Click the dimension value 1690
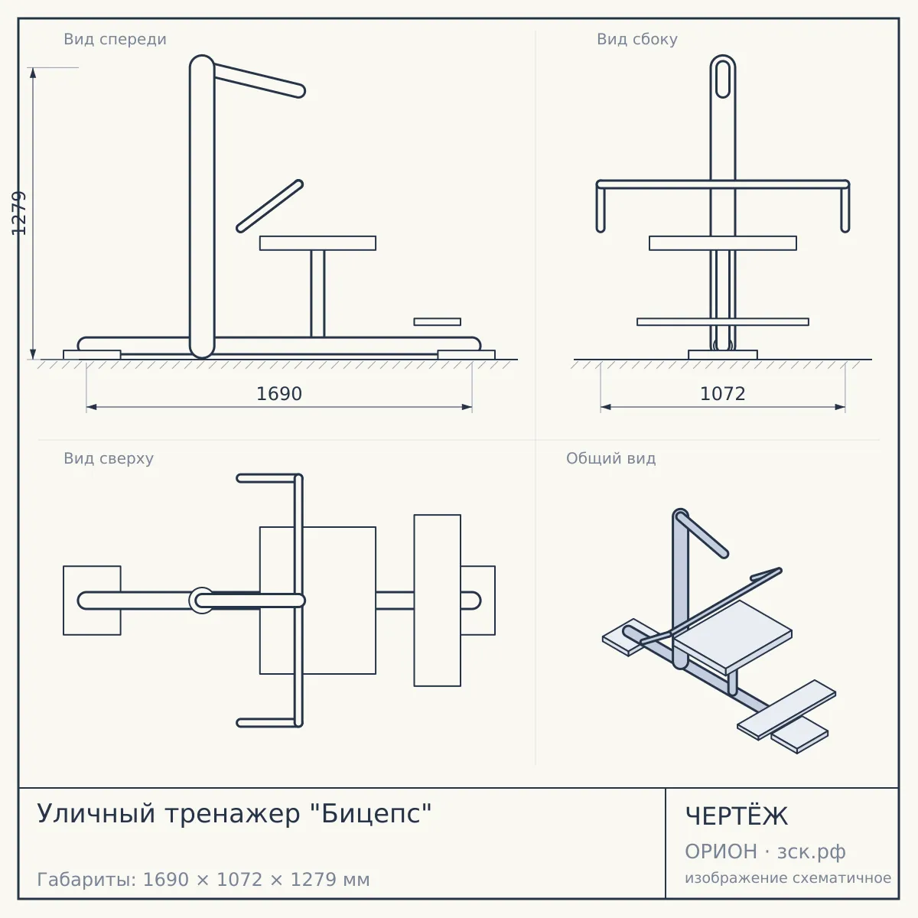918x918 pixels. coord(279,394)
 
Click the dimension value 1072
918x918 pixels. coord(723,394)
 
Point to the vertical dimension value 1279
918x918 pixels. coord(19,213)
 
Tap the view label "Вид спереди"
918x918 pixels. coord(116,39)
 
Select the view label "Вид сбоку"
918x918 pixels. coord(637,39)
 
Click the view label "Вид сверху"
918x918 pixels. coord(109,458)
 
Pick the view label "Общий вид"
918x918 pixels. coord(610,458)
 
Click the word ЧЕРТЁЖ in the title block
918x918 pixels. coord(737,816)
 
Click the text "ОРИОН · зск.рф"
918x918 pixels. coord(765,851)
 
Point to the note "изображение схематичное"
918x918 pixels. coord(788,878)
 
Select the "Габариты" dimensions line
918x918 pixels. coord(203,880)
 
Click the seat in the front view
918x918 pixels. coord(317,243)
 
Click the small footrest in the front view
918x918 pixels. coord(438,321)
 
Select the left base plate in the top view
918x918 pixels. coord(92,601)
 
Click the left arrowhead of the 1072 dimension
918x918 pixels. coord(605,407)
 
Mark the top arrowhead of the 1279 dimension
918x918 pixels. coord(33,73)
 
